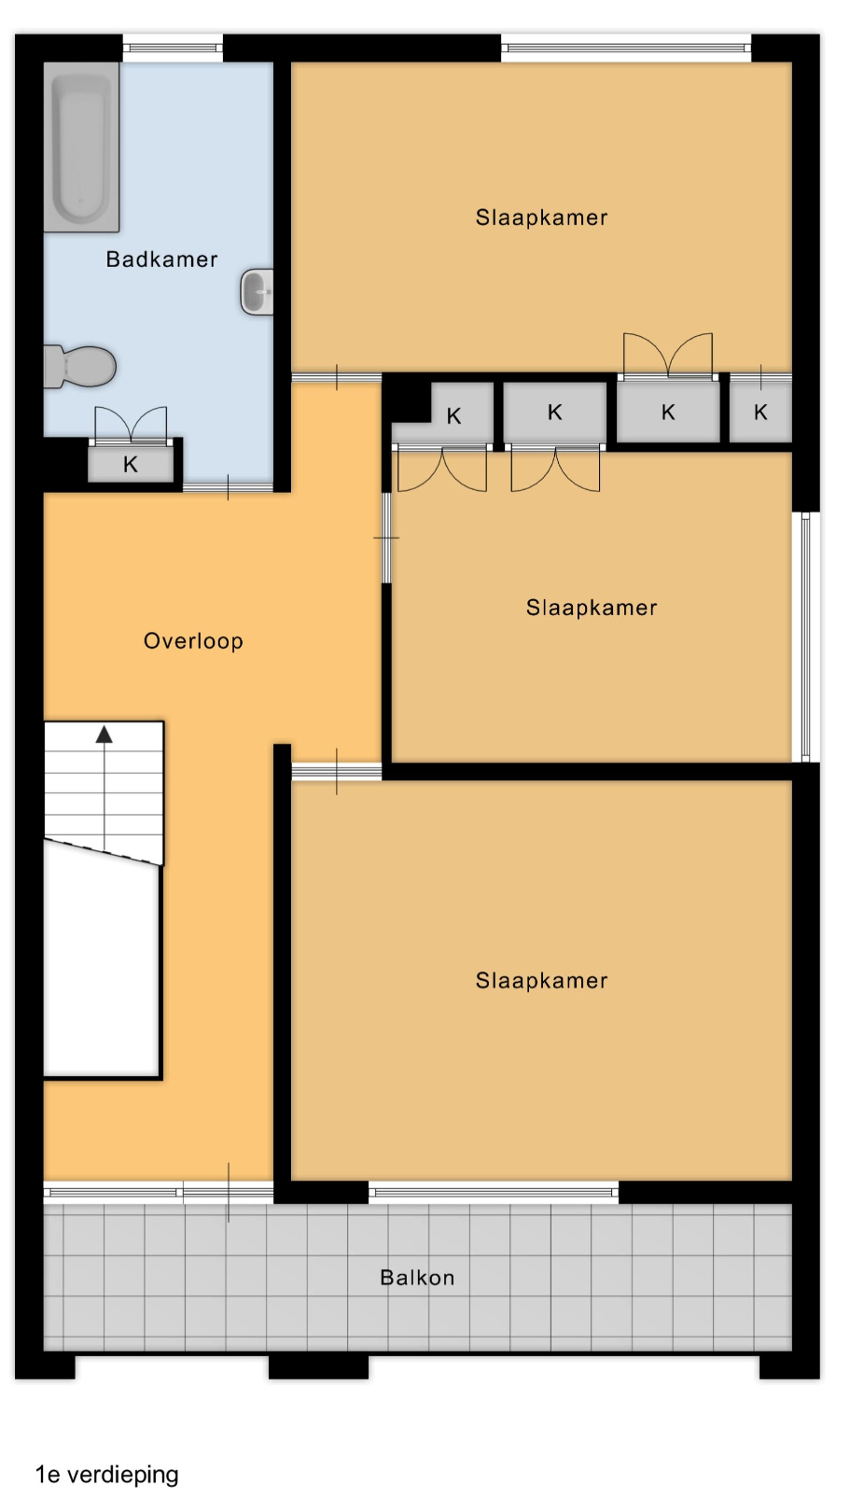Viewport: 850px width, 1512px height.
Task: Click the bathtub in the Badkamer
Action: tap(81, 147)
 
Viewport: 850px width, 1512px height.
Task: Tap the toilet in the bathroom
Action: tap(79, 367)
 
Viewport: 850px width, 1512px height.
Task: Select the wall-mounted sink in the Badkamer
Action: tap(257, 291)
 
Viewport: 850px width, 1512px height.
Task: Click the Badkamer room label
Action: tap(162, 259)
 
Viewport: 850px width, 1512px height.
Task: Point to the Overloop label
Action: tap(194, 640)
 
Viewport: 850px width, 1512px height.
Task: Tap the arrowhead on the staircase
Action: tap(104, 735)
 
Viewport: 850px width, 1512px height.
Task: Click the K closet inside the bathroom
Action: tap(131, 464)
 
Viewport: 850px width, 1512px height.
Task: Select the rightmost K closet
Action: tap(760, 412)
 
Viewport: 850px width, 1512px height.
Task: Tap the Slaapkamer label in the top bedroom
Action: tap(542, 217)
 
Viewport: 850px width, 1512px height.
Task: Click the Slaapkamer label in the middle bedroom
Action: tap(592, 608)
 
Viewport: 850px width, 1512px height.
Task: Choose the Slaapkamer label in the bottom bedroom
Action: tap(542, 980)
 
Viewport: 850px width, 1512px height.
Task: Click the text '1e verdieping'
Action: tap(106, 1475)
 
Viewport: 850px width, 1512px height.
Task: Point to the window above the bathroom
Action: tap(173, 48)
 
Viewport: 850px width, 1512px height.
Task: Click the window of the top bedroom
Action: tap(626, 48)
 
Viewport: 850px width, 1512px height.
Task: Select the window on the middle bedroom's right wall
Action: tap(805, 637)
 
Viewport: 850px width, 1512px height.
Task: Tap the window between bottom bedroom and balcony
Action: tap(494, 1193)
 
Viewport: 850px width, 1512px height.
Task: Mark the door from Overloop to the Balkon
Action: tap(228, 1193)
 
